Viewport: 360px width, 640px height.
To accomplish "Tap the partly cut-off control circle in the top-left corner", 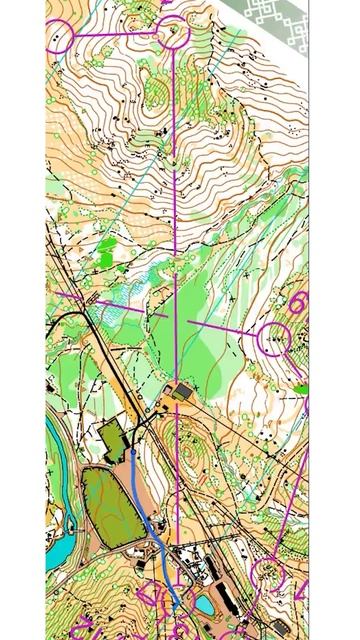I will [x=58, y=38].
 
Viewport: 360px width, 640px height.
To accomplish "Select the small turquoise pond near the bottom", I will [x=205, y=604].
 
